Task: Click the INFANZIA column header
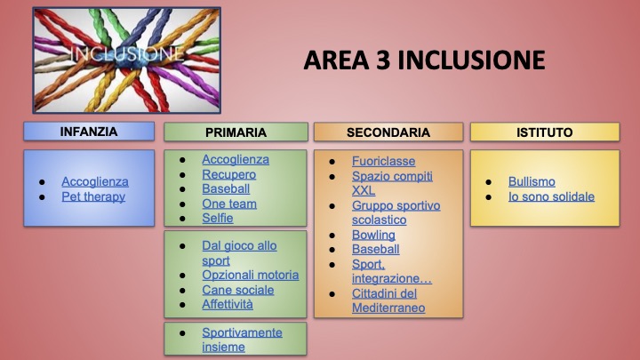pos(89,132)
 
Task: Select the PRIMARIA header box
pos(236,132)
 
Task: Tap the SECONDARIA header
pos(388,132)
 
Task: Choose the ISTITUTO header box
pos(545,132)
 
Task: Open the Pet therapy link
pos(93,196)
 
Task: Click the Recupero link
pos(229,175)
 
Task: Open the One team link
pos(229,204)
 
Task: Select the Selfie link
pos(218,218)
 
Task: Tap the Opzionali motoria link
pos(251,275)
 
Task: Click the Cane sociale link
pos(238,290)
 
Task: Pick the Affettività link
pos(228,305)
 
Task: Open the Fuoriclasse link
pos(384,161)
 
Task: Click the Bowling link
pos(373,235)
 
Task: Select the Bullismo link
pos(532,181)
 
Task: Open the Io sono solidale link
pos(551,196)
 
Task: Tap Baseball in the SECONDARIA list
pos(375,250)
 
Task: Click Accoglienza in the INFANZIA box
pos(95,181)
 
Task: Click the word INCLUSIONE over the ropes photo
pos(126,54)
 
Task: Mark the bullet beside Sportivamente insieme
pos(182,333)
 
